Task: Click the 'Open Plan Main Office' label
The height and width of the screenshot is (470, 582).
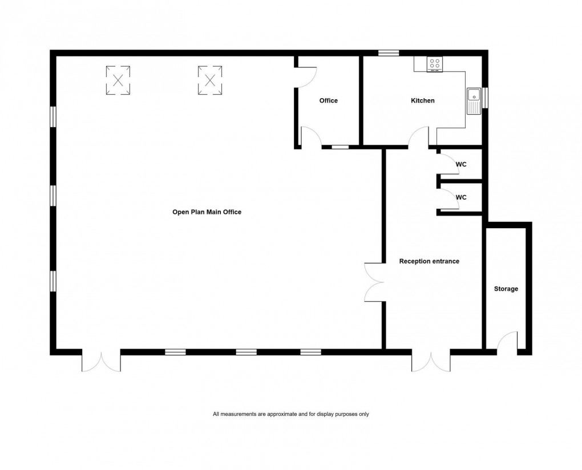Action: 207,212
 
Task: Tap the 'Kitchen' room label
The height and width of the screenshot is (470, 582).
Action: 422,100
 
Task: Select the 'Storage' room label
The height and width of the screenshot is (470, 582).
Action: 506,289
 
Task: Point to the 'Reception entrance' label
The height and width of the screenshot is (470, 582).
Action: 429,261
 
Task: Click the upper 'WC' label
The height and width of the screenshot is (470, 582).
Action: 461,164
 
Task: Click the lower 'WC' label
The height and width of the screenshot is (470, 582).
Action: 461,197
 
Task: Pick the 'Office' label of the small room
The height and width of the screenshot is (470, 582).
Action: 328,100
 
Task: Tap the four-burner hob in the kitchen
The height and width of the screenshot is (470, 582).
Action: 435,64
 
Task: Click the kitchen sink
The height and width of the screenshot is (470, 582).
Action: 474,101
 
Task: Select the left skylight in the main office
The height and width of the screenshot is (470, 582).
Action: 118,80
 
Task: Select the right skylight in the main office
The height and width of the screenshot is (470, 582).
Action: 209,80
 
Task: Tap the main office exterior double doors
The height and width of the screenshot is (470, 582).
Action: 101,361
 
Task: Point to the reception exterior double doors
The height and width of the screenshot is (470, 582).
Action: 431,361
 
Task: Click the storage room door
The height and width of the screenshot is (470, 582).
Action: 507,342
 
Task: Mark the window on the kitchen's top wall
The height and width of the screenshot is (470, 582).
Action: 389,53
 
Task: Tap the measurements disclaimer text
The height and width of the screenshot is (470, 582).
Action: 290,414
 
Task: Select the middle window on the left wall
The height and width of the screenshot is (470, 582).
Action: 52,195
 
